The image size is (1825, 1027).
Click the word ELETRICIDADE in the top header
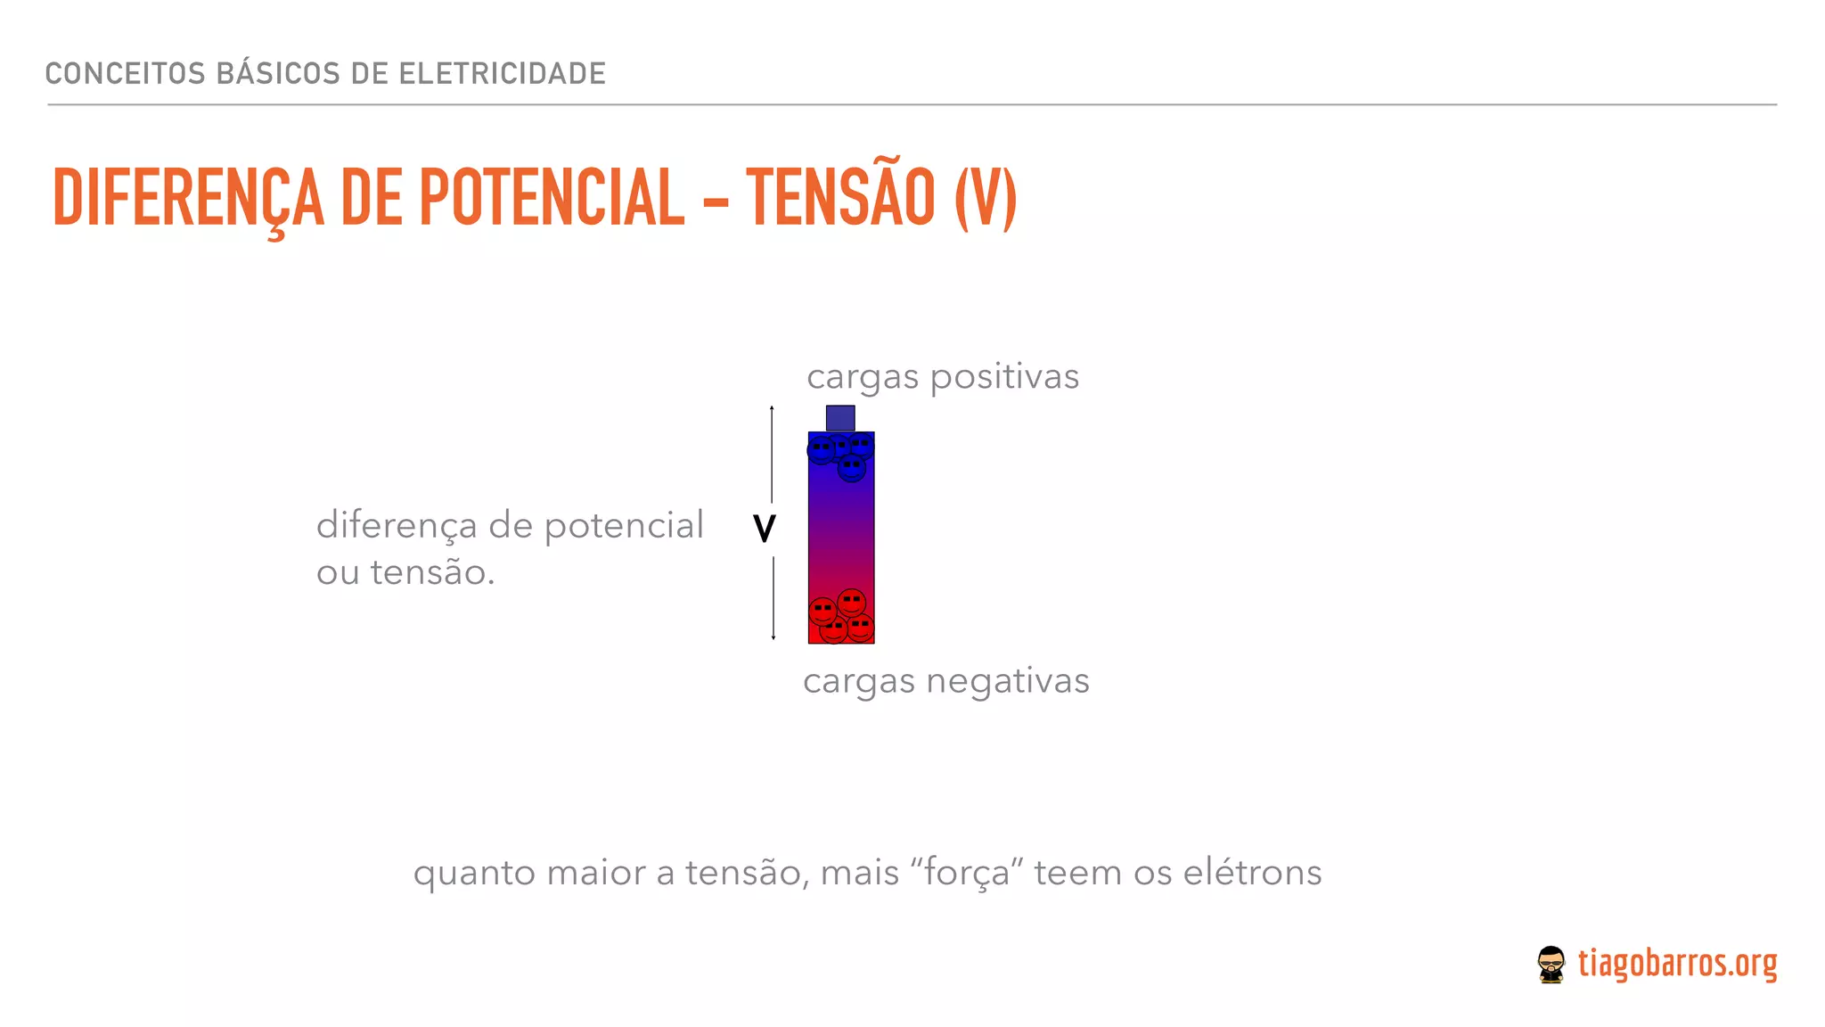pyautogui.click(x=502, y=73)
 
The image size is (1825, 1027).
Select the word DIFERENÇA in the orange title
pyautogui.click(x=188, y=198)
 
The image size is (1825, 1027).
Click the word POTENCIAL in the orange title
pyautogui.click(x=552, y=198)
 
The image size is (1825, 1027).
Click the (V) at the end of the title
pyautogui.click(x=985, y=198)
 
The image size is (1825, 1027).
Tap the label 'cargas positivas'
pyautogui.click(x=942, y=376)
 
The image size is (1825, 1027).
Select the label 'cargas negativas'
pyautogui.click(x=945, y=681)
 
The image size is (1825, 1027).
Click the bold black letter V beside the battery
pyautogui.click(x=765, y=529)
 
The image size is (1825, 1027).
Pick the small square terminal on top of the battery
pyautogui.click(x=840, y=418)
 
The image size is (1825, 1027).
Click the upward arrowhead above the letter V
pyautogui.click(x=772, y=408)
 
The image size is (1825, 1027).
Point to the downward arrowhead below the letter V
pyautogui.click(x=773, y=637)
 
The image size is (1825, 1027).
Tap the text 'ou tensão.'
pyautogui.click(x=405, y=572)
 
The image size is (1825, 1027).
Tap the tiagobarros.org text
pyautogui.click(x=1677, y=964)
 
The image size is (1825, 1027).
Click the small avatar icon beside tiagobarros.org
pyautogui.click(x=1551, y=965)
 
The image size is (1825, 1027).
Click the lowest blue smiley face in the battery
pyautogui.click(x=852, y=467)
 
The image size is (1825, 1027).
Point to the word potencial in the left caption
pyautogui.click(x=624, y=525)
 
